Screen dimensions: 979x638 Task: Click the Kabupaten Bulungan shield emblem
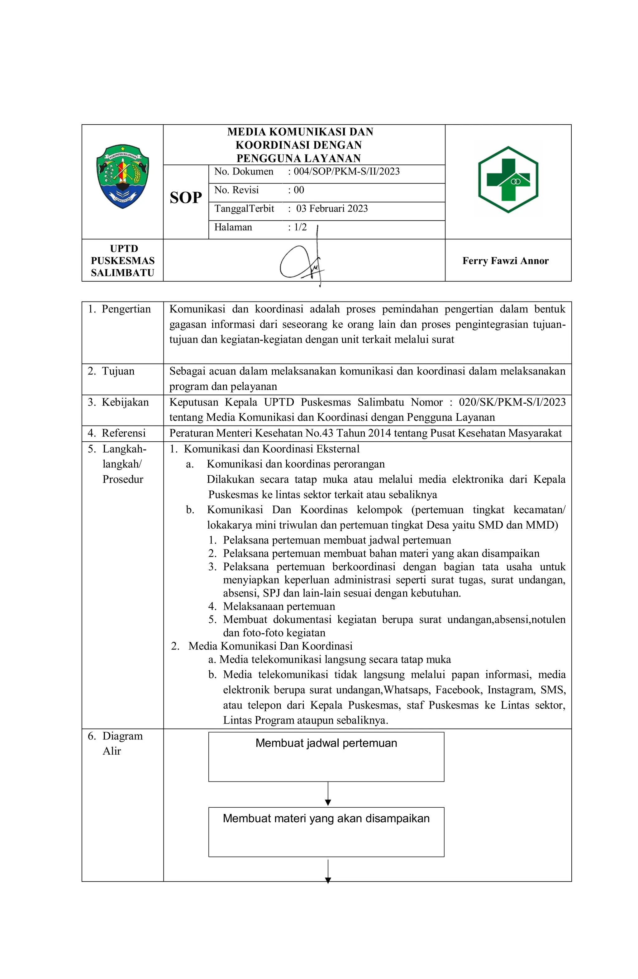pyautogui.click(x=122, y=176)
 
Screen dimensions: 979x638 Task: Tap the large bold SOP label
pyautogui.click(x=186, y=198)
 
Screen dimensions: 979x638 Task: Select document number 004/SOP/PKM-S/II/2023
pyautogui.click(x=346, y=172)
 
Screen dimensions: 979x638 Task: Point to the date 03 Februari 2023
pyautogui.click(x=331, y=209)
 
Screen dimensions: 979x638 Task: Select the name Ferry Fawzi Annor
pyautogui.click(x=505, y=261)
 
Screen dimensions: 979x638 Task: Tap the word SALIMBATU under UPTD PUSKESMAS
pyautogui.click(x=122, y=273)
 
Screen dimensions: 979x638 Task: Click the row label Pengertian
pyautogui.click(x=126, y=309)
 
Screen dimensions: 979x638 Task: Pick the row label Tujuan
pyautogui.click(x=118, y=371)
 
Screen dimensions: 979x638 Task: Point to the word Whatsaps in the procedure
pyautogui.click(x=407, y=690)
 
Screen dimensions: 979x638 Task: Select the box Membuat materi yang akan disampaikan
pyautogui.click(x=326, y=832)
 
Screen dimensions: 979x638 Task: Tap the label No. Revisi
pyautogui.click(x=236, y=190)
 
